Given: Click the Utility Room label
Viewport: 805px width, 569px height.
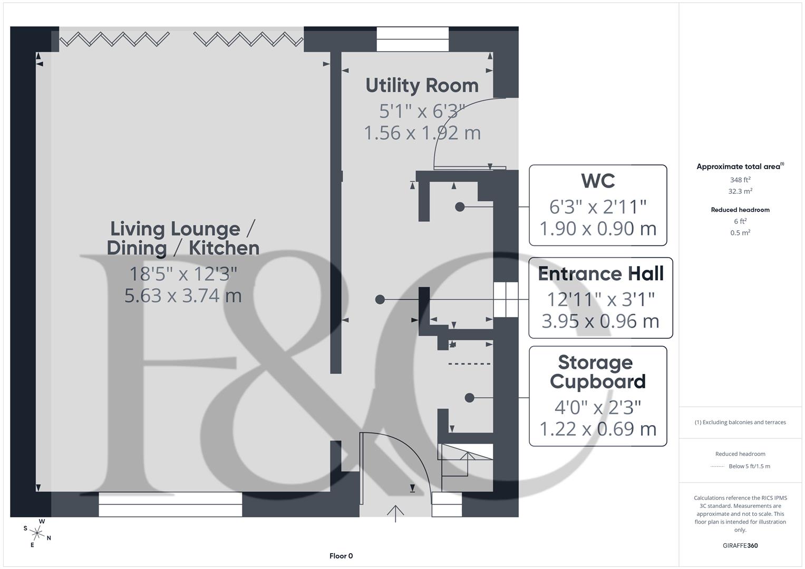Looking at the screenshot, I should coord(422,85).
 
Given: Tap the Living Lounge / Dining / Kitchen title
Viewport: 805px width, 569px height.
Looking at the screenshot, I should coord(183,238).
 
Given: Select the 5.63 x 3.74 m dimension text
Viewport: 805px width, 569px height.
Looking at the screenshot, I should coord(183,296).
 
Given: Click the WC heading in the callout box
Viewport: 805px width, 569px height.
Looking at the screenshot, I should coord(598,181).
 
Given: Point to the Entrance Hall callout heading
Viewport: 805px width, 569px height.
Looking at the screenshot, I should coord(600,273).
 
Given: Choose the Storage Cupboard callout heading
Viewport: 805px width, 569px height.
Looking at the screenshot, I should coord(597,372).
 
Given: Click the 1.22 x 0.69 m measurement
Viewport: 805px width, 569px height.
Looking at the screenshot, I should coord(597,429).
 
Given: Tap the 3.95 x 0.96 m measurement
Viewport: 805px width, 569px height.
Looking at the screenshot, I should coord(600,321).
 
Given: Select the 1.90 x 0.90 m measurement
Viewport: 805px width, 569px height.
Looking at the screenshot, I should coord(598,229).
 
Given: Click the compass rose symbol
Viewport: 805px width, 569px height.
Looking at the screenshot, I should coord(37,533).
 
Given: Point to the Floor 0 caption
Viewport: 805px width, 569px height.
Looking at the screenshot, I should coord(341,556).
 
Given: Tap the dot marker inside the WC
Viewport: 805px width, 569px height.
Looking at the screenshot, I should coord(460,207).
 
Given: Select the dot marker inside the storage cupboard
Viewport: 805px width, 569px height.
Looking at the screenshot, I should coord(469,398).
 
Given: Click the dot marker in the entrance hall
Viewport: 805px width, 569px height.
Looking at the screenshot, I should coord(380,299).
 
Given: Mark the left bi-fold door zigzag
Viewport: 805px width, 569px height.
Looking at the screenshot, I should coord(114,39).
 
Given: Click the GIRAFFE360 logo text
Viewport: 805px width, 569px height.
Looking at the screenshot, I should coord(740,545).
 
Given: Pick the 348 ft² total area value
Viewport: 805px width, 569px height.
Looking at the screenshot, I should coord(740,180).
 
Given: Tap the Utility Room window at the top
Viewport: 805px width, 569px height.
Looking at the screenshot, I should coord(413,39).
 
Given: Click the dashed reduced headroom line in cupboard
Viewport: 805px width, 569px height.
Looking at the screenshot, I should coord(469,364).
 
